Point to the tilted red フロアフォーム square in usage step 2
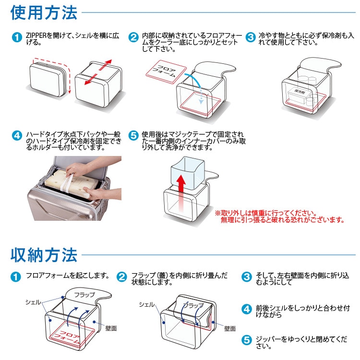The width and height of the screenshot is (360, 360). point(166,72)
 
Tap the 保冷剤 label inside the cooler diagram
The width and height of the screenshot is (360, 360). point(299,91)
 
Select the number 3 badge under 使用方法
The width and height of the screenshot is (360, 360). point(250,37)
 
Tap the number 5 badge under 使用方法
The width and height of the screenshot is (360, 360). point(134,136)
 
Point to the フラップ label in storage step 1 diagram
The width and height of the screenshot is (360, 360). point(85,295)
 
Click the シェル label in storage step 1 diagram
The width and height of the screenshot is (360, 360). point(33,302)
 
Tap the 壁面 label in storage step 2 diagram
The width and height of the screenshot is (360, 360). point(229,329)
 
